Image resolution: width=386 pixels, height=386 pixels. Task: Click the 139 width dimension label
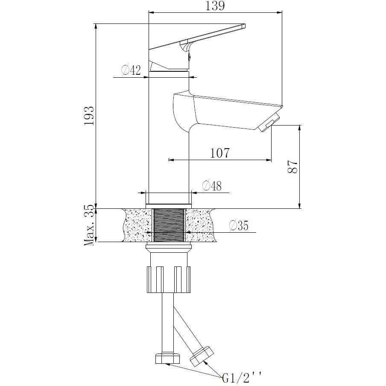pos(215,6)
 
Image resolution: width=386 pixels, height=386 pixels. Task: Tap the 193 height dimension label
pos(89,116)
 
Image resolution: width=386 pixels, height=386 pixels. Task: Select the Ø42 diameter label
pos(131,70)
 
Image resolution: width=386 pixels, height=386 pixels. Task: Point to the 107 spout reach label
pos(220,153)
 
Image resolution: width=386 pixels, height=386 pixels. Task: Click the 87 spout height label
pos(292,167)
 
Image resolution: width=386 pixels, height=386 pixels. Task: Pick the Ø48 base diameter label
pos(212,186)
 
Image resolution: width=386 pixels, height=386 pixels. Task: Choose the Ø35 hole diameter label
pos(239,225)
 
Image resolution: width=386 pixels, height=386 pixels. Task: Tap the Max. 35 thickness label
pos(89,225)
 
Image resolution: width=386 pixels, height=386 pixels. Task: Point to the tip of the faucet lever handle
pos(245,26)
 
